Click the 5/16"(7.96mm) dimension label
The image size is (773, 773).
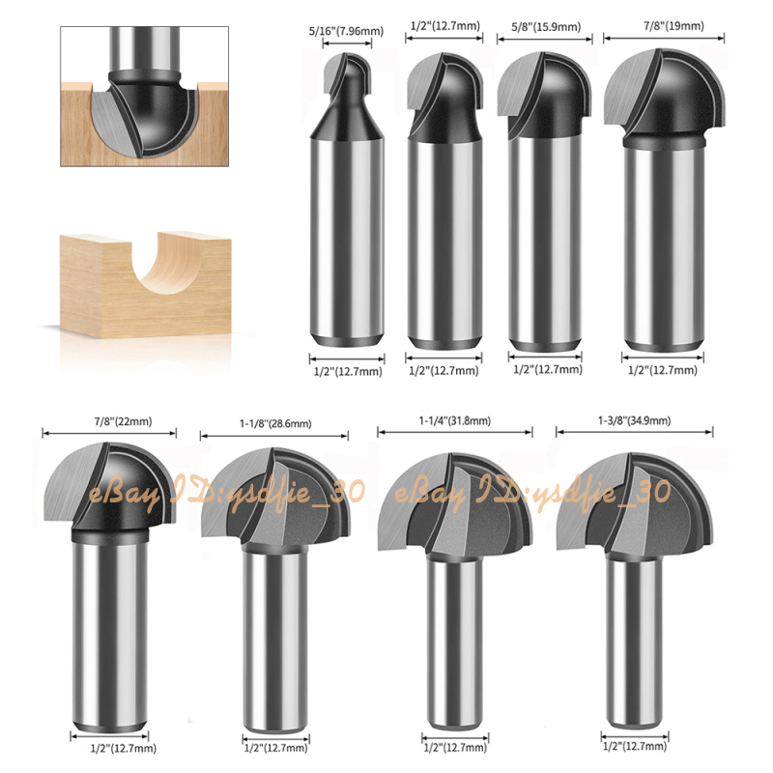(x=346, y=31)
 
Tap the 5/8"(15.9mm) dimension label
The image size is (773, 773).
(x=546, y=27)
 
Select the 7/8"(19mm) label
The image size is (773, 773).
(x=673, y=26)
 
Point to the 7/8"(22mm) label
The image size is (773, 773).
(x=124, y=421)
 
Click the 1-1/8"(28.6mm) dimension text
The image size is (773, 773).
(x=275, y=423)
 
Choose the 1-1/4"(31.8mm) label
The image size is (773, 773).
(x=455, y=421)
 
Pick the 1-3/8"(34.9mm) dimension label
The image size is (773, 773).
(x=635, y=420)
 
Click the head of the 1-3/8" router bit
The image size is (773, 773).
(x=635, y=502)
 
